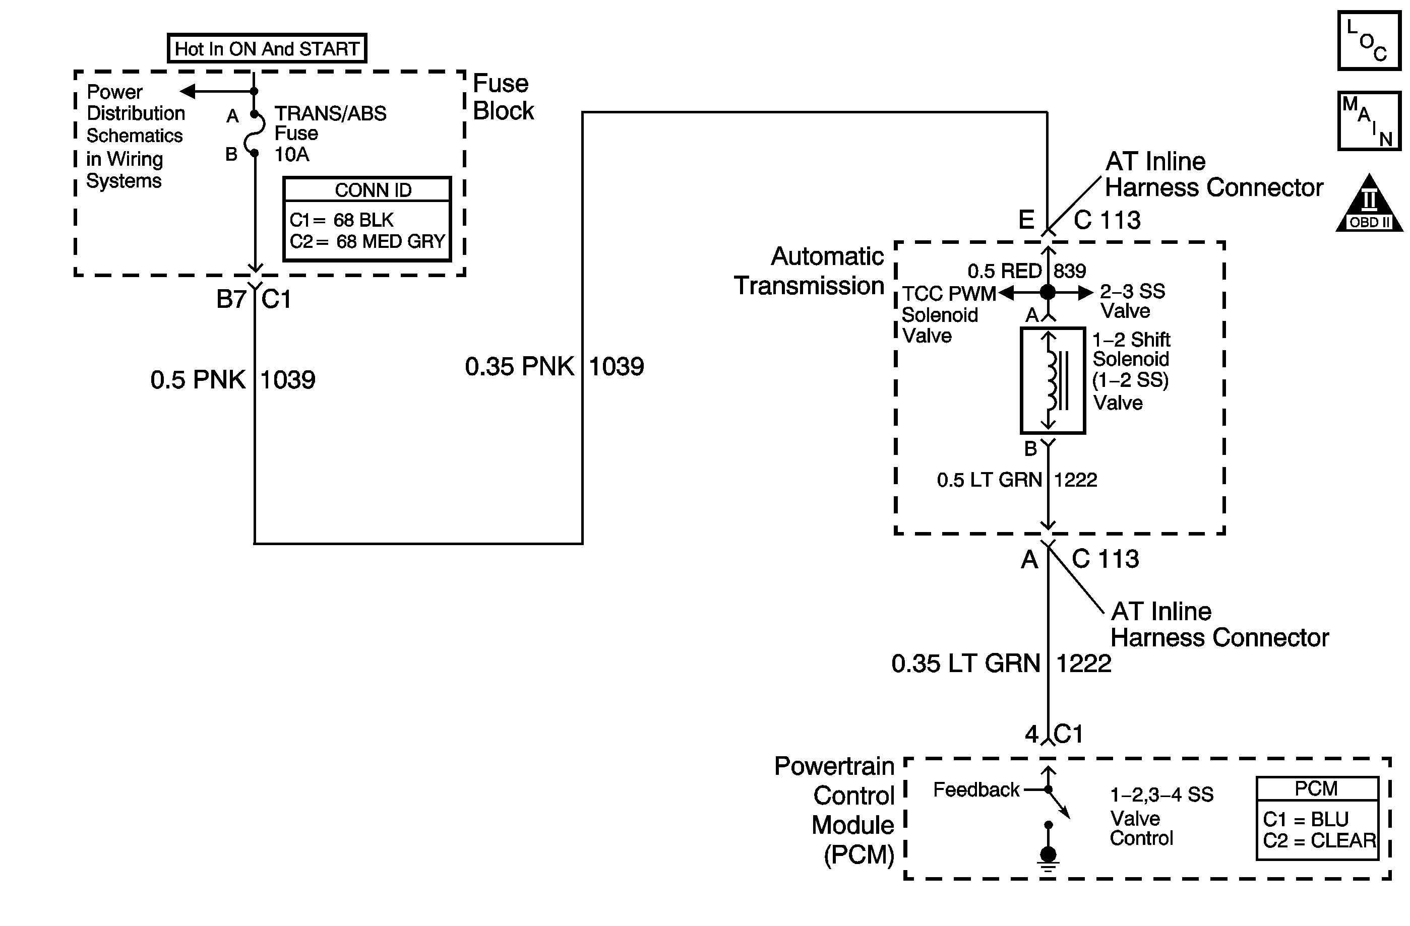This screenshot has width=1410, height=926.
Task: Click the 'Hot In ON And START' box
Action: click(267, 48)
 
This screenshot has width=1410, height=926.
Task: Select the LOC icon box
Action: click(1369, 41)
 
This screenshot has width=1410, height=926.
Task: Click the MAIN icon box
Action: click(1369, 121)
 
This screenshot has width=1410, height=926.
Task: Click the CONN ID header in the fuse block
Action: click(373, 190)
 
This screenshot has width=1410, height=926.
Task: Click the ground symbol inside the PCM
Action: click(1048, 857)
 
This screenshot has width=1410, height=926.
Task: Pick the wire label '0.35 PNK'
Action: click(519, 366)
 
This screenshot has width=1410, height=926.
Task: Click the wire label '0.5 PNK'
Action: click(198, 379)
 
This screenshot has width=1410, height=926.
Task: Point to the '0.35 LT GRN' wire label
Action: click(966, 663)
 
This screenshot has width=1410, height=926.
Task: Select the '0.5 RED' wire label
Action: click(1004, 271)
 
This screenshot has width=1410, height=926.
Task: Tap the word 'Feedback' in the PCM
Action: click(976, 790)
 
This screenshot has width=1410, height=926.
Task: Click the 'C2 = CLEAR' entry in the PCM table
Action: click(1319, 840)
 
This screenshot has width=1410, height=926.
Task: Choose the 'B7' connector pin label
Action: click(231, 299)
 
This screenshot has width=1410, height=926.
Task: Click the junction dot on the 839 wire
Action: click(1048, 292)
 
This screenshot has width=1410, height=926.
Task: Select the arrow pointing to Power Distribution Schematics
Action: click(189, 91)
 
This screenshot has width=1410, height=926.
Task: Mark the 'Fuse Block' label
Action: click(503, 97)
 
